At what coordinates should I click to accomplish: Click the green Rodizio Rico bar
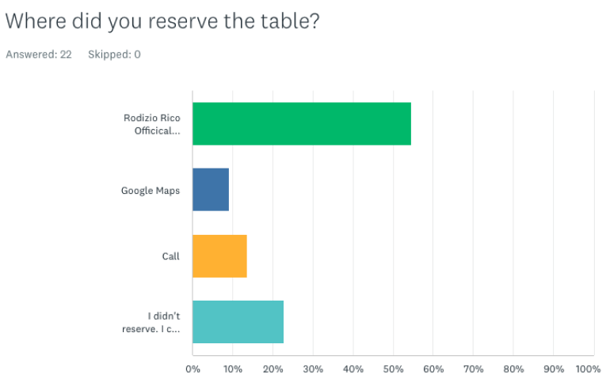click(x=301, y=123)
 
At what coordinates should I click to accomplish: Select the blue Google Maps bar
click(x=211, y=190)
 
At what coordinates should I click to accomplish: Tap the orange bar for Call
click(x=219, y=256)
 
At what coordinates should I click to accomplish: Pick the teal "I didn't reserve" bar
click(x=238, y=322)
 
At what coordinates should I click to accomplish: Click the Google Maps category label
click(x=151, y=191)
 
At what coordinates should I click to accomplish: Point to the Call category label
click(x=170, y=256)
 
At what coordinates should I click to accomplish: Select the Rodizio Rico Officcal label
click(x=152, y=124)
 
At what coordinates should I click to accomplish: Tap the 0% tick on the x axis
click(x=193, y=369)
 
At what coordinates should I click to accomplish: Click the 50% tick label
click(x=393, y=369)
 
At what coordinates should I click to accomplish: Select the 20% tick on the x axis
click(x=273, y=369)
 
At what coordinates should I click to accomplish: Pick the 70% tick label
click(x=473, y=369)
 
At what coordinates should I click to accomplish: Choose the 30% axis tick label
click(x=313, y=369)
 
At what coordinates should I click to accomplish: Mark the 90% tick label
click(x=553, y=369)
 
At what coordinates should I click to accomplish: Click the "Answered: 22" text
click(x=39, y=55)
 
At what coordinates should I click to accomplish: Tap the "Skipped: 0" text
click(x=114, y=55)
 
